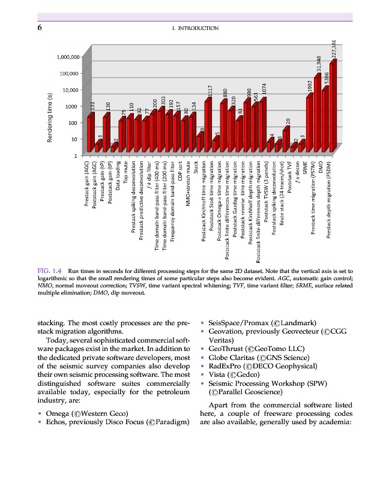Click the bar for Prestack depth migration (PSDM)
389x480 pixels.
tap(333, 108)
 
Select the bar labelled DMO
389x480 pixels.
tap(325, 120)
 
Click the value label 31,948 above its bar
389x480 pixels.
tap(318, 63)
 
